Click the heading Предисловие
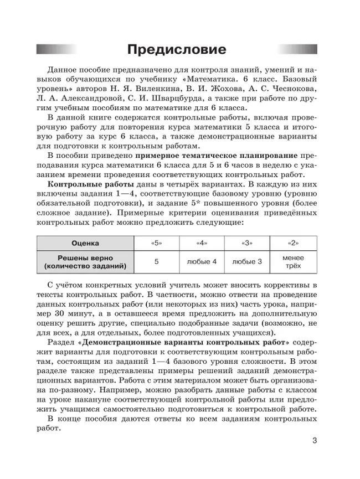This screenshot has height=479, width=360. pyautogui.click(x=177, y=49)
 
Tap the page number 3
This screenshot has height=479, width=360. pyautogui.click(x=314, y=441)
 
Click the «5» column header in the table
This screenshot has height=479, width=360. pyautogui.click(x=156, y=243)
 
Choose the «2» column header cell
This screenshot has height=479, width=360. pyautogui.click(x=294, y=243)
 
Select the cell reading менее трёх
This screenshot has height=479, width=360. pyautogui.click(x=294, y=261)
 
